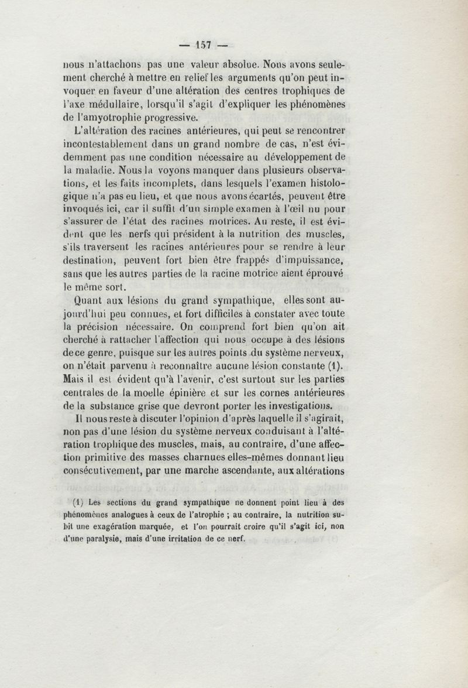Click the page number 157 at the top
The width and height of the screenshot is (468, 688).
pos(204,45)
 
